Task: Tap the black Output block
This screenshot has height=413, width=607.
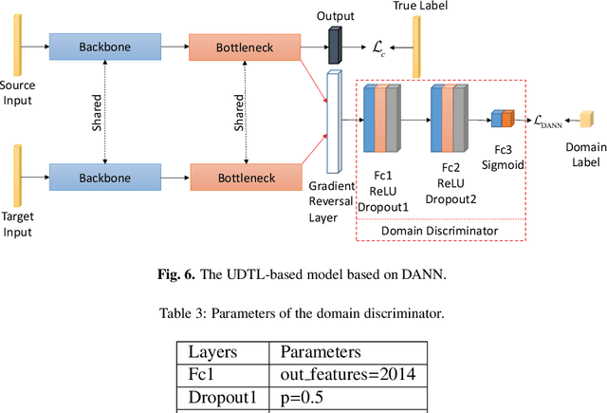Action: pos(333,42)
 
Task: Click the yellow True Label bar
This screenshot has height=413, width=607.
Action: pos(415,47)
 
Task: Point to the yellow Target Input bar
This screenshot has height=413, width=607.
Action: pos(18,176)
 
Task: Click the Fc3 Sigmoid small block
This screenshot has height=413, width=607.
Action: pos(502,119)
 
